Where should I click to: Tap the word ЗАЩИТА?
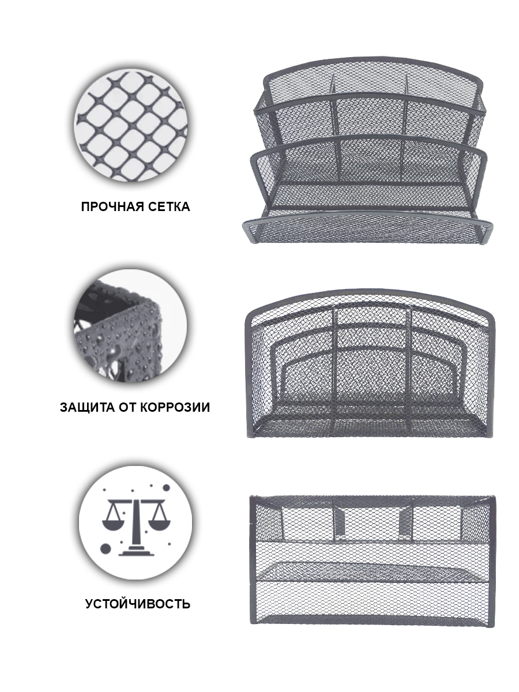tap(87, 407)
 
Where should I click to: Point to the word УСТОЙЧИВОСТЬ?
tap(138, 604)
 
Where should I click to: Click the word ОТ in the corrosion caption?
tap(127, 407)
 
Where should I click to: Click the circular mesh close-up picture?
tap(131, 126)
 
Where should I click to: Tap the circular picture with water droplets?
tap(130, 325)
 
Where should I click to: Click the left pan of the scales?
tap(114, 525)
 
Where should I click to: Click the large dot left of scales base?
tap(106, 549)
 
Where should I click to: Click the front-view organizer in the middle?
tap(370, 363)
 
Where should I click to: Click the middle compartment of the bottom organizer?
tap(373, 520)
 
